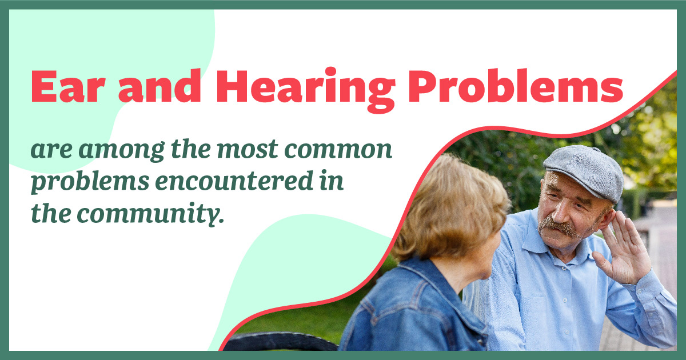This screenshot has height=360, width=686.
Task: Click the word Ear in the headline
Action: (65, 87)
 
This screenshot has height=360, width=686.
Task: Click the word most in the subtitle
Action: (256, 150)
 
